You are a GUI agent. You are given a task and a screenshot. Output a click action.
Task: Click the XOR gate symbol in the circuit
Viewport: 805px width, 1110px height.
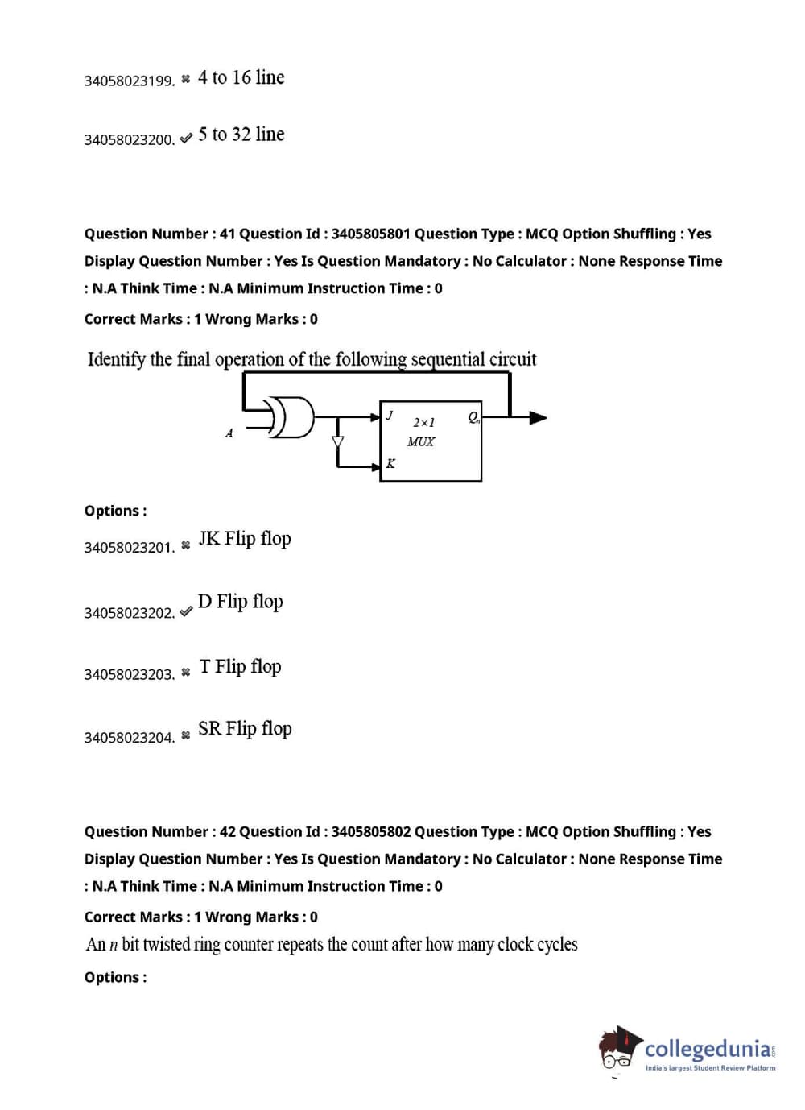pos(291,416)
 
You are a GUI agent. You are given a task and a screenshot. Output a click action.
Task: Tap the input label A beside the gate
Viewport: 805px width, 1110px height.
pos(229,433)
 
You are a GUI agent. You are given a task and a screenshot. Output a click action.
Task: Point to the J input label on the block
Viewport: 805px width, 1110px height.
pos(390,415)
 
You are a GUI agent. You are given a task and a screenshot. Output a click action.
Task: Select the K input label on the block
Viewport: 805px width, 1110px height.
pos(390,463)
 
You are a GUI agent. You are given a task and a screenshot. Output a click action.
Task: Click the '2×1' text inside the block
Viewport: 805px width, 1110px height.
pos(423,422)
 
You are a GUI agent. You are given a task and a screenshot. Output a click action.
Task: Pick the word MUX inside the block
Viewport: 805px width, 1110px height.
pos(420,441)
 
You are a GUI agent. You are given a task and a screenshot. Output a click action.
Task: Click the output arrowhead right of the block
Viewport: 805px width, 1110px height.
pos(538,417)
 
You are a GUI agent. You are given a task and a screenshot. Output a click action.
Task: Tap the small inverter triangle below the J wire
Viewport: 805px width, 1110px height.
pos(337,441)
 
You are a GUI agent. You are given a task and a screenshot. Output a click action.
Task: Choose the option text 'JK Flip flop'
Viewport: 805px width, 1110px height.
pos(245,538)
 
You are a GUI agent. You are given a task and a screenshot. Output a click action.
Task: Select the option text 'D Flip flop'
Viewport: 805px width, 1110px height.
pos(240,602)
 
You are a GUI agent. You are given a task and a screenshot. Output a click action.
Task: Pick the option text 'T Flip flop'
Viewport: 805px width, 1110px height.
pos(240,666)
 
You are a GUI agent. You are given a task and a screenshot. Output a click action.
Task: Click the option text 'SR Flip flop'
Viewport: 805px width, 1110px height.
pos(245,728)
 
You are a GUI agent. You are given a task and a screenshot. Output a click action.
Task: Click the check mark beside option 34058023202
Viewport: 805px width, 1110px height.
pos(186,611)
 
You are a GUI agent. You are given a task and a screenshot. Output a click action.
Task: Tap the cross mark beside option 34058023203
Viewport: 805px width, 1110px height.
pos(186,673)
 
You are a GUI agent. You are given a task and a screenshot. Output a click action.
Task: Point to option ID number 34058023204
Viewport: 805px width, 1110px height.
pos(129,737)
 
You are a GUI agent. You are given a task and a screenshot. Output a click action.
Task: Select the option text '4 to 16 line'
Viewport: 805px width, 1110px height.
pos(241,77)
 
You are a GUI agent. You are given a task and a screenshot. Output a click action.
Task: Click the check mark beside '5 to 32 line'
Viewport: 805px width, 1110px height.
pos(186,138)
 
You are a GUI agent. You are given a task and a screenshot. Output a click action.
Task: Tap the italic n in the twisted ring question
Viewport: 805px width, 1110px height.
pos(114,945)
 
